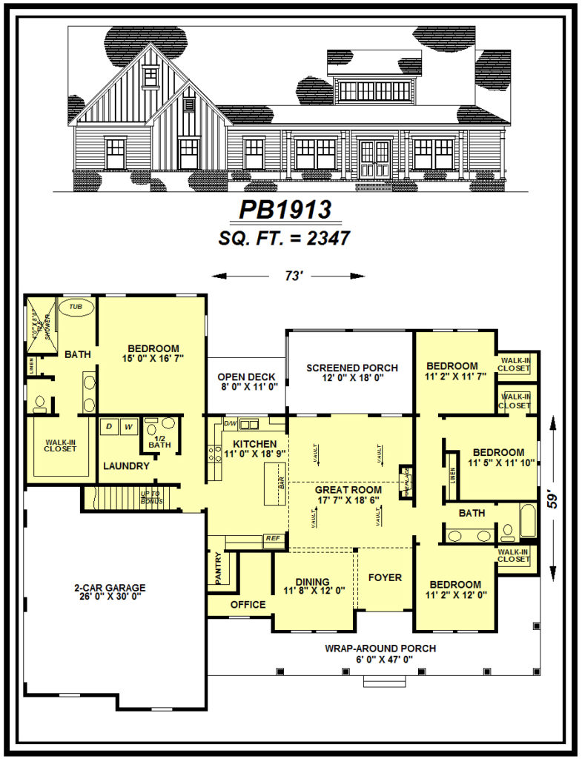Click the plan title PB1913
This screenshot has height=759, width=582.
285,210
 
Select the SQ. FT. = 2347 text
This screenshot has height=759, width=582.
285,238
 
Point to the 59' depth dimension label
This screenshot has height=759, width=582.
552,497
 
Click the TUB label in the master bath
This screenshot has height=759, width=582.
76,305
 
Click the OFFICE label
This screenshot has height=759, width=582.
248,604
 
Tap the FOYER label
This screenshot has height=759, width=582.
385,577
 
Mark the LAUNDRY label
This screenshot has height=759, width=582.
126,466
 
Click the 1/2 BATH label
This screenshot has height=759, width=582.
159,442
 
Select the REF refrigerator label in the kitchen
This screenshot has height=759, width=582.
272,538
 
